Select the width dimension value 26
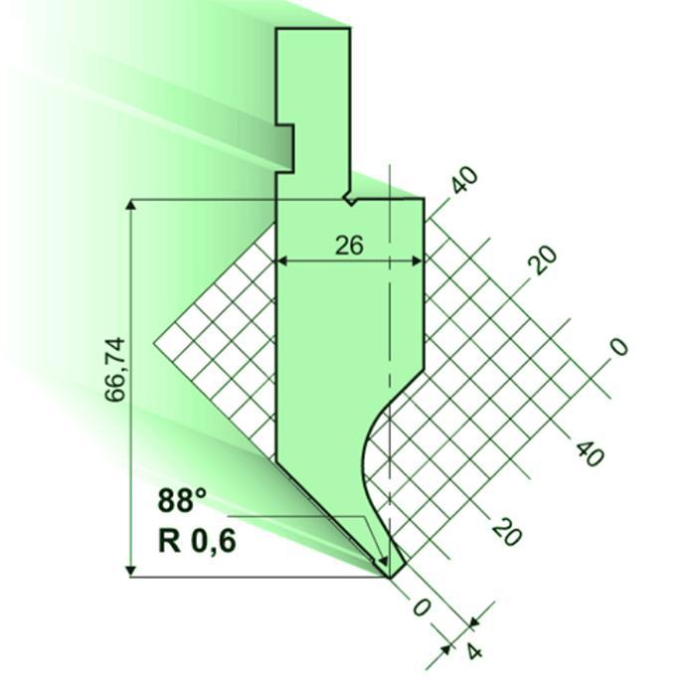click(x=349, y=245)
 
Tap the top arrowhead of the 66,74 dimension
click(x=131, y=205)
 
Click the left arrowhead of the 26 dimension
click(x=280, y=261)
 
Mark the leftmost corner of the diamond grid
click(x=156, y=343)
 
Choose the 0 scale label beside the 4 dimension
click(x=422, y=609)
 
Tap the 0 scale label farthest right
click(x=618, y=346)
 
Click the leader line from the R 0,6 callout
click(x=298, y=517)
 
